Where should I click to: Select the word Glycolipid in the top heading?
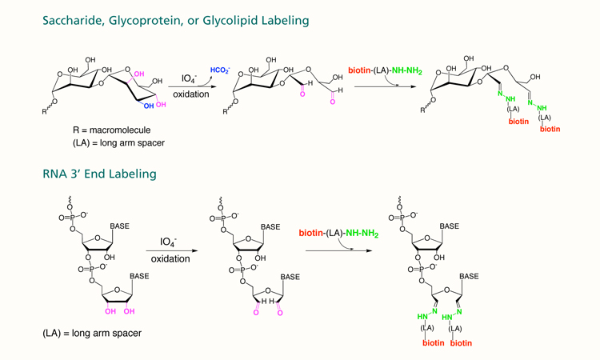(237, 22)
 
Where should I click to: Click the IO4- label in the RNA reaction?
(170, 241)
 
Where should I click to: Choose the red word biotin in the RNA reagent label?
(310, 234)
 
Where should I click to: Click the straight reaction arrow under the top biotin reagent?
(379, 86)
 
